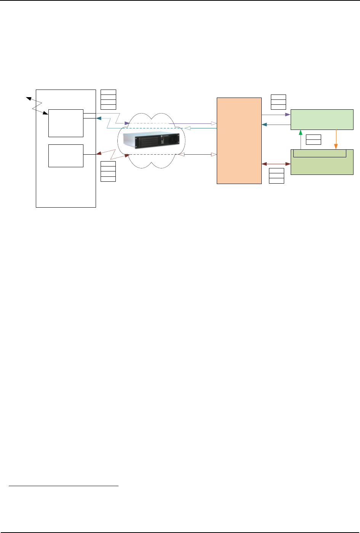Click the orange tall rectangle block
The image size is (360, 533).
[239, 141]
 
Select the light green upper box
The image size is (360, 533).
[322, 119]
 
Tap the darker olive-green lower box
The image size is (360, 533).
[322, 166]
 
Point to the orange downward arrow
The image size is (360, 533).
[336, 139]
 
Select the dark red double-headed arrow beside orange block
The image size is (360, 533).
[276, 164]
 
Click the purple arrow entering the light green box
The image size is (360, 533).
[276, 114]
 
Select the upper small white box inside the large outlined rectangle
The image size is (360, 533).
[66, 123]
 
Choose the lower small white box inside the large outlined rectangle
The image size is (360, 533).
[66, 155]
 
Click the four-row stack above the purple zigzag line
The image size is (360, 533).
[108, 99]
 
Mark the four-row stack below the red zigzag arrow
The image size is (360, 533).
[108, 171]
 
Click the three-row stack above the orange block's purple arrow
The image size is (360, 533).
[278, 102]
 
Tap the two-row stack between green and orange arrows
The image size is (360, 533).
[314, 139]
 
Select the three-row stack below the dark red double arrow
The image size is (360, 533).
[277, 176]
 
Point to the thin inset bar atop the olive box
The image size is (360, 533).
[320, 153]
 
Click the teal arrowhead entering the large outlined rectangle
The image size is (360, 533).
[98, 118]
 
